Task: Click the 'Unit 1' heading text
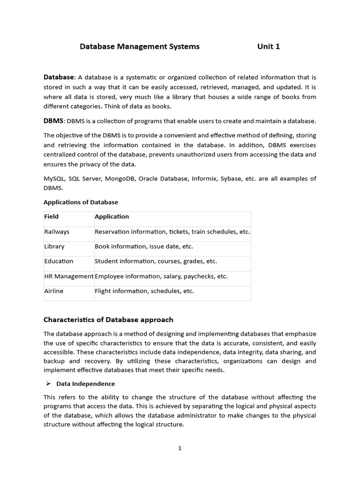[x=268, y=46]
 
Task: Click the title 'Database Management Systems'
[x=140, y=46]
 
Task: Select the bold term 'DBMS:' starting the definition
[x=54, y=121]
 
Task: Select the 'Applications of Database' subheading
[x=81, y=202]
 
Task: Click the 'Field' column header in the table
[x=52, y=217]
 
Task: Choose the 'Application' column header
[x=112, y=217]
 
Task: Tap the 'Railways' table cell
[x=57, y=232]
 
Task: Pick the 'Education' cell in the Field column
[x=59, y=261]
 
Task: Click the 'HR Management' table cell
[x=69, y=276]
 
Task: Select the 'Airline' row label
[x=54, y=291]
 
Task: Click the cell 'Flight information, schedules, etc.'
[x=144, y=291]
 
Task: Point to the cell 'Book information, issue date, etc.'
[x=143, y=247]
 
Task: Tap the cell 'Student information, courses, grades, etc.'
[x=156, y=261]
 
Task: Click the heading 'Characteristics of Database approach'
[x=108, y=320]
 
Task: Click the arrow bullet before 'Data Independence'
[x=48, y=383]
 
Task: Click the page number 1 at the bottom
[x=180, y=448]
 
